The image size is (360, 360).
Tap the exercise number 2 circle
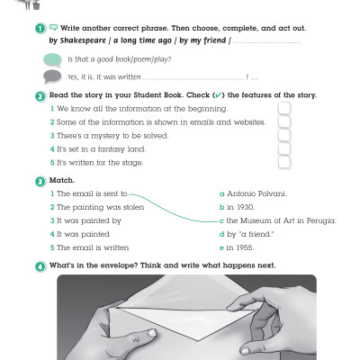(41, 94)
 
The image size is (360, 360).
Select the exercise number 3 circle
(41, 181)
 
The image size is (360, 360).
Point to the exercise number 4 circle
(41, 265)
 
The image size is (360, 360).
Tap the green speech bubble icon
(53, 58)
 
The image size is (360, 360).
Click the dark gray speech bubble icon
(53, 76)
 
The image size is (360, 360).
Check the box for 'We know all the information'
(284, 108)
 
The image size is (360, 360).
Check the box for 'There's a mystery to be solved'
(284, 135)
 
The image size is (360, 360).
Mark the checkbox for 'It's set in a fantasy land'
(284, 148)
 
